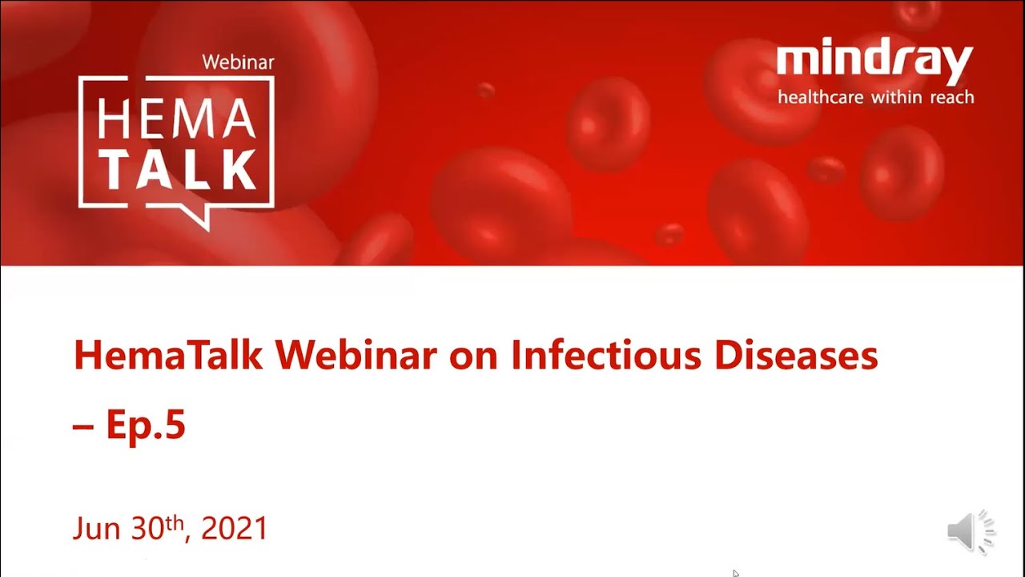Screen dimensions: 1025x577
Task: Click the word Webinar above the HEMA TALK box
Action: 238,63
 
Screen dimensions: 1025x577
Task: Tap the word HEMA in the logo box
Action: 176,119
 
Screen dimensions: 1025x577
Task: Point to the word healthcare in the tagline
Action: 821,97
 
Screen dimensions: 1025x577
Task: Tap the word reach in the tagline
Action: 952,97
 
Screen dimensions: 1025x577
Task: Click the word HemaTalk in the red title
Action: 168,355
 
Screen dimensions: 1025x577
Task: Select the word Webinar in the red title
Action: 356,355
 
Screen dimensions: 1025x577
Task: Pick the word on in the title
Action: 473,357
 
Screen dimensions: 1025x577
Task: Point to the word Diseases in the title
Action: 796,355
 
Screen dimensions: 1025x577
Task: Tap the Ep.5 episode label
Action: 146,425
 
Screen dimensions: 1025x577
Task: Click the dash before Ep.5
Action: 83,427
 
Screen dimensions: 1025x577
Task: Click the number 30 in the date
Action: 147,528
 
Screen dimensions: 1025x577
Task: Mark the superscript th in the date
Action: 175,523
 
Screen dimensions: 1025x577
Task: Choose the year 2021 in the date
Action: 234,528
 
